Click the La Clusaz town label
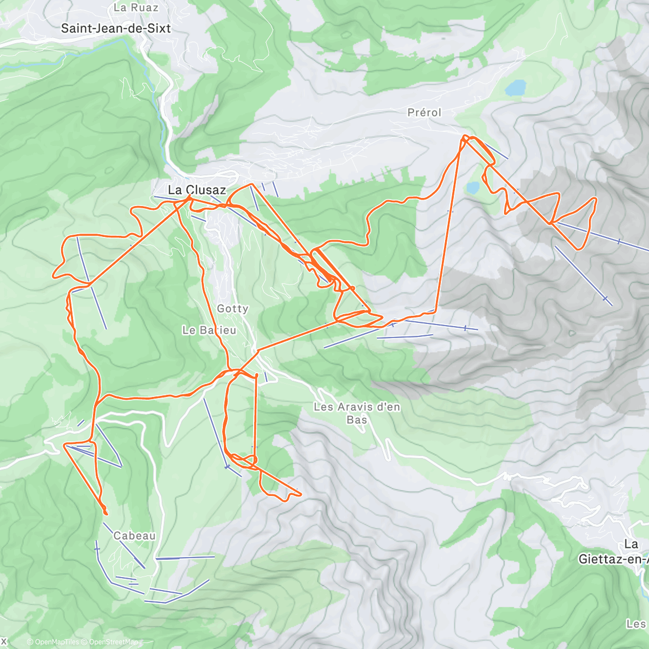pos(197,190)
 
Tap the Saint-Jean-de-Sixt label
pos(116,29)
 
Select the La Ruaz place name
pos(136,8)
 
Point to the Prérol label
pos(425,112)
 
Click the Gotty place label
pos(233,309)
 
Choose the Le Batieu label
pos(209,330)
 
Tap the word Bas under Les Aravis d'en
pos(357,420)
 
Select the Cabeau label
pos(134,536)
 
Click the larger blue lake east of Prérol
pos(516,87)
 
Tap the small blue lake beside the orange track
pos(473,188)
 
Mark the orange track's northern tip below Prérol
pos(465,137)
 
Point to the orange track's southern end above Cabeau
pos(104,512)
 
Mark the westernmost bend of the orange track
pos(53,274)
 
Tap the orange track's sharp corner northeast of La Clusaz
pos(251,185)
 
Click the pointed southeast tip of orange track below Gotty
pos(300,493)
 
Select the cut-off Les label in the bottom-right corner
pos(636,624)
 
